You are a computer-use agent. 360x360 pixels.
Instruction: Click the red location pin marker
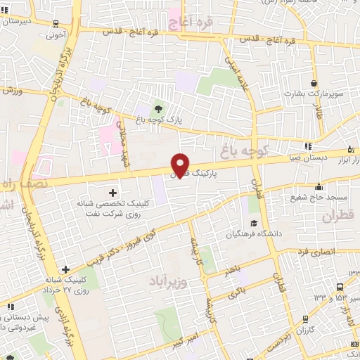pos(181,165)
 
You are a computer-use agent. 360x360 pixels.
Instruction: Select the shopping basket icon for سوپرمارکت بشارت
pos(313,82)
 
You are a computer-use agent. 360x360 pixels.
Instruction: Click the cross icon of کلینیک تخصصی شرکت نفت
pos(112,192)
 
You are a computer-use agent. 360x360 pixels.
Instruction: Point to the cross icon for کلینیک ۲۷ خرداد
pos(65,269)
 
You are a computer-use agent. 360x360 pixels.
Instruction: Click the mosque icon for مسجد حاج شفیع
pos(319,186)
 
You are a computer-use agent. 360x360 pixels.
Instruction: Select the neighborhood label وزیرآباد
pos(167,282)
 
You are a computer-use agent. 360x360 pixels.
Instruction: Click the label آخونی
pos(56,33)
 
